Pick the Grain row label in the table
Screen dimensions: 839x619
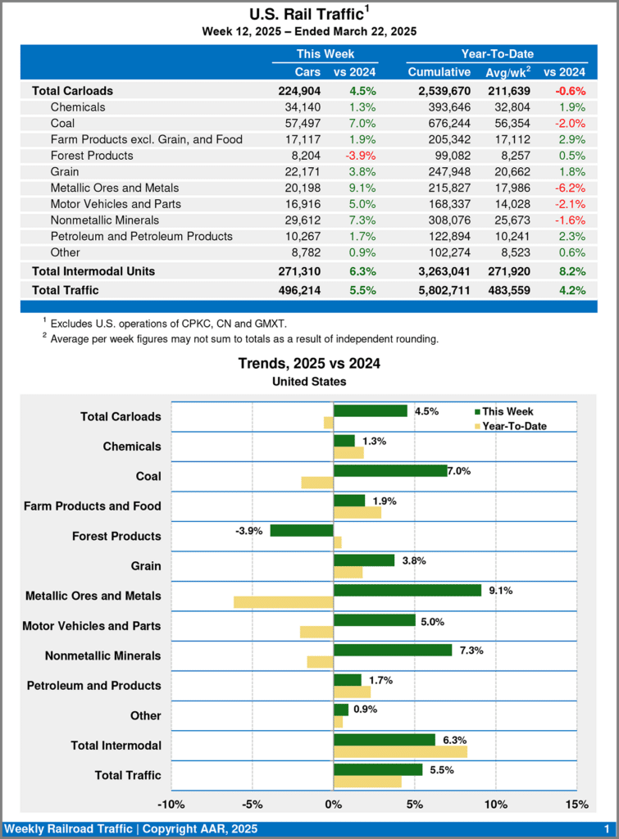point(65,172)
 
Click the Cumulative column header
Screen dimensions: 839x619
point(439,72)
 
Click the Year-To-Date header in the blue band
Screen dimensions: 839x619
point(497,54)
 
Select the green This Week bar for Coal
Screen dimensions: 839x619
point(390,470)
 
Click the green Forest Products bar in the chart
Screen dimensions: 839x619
point(302,530)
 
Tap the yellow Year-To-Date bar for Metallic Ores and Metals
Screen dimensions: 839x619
point(284,602)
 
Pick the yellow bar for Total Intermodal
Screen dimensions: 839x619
point(400,751)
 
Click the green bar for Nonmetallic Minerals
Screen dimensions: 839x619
point(393,650)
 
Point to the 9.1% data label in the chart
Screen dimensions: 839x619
point(500,590)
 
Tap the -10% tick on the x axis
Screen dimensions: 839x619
point(171,804)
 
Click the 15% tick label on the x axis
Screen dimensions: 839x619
point(576,804)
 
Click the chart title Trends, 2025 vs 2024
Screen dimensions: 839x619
point(309,363)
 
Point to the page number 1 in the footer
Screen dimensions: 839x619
point(606,829)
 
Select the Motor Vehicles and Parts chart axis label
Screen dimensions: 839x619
point(92,626)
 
